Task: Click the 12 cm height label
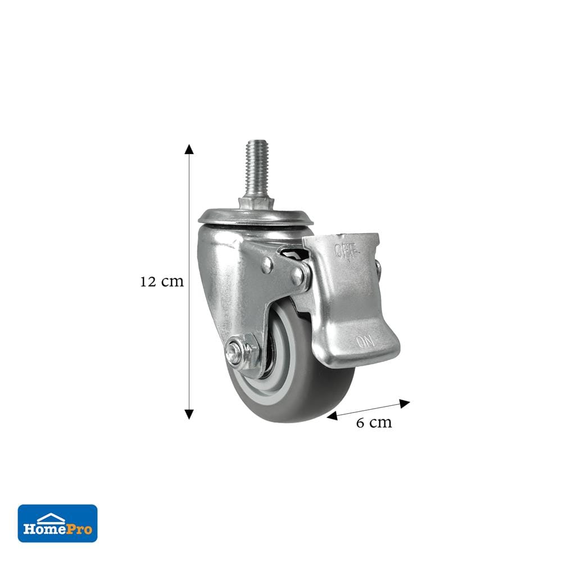click(x=162, y=282)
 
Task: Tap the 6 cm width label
click(x=374, y=423)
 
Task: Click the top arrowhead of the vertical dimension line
click(x=189, y=149)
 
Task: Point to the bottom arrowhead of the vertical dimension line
click(x=189, y=414)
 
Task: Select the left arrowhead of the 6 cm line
click(x=332, y=416)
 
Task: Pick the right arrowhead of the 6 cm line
click(x=405, y=404)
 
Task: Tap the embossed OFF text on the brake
click(x=347, y=251)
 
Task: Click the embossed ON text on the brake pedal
click(x=365, y=342)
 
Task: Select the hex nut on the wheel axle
click(x=248, y=348)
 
